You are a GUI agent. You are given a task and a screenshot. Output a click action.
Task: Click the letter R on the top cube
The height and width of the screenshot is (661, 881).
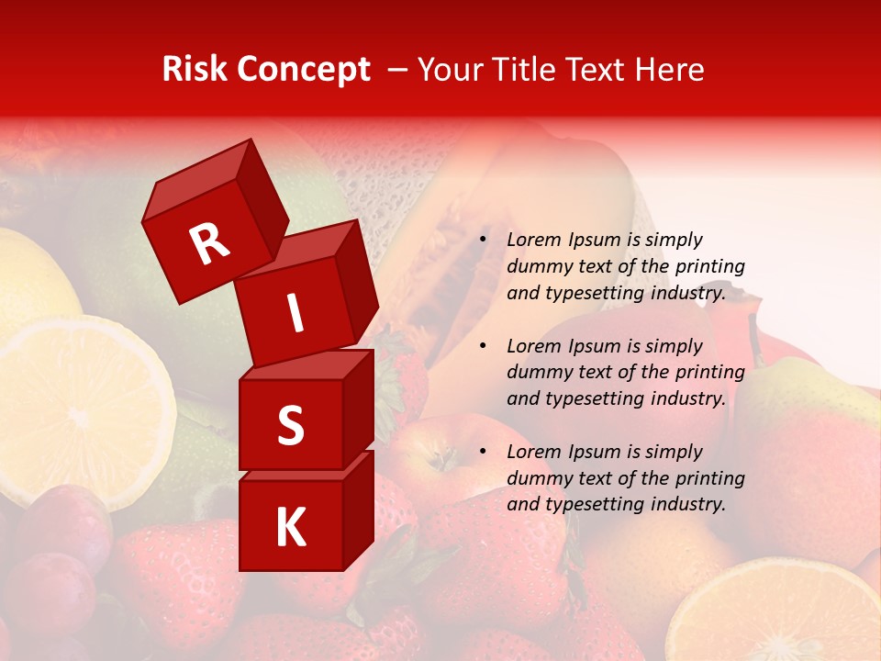[210, 243]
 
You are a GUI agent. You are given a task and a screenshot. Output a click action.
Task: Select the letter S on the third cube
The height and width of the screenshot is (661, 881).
[290, 426]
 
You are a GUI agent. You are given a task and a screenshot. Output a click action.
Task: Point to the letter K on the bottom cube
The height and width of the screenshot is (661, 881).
[290, 528]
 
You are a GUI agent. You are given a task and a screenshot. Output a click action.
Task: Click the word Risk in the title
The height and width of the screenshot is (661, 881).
[195, 70]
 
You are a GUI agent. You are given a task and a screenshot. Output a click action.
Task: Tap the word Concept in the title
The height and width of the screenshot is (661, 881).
[305, 70]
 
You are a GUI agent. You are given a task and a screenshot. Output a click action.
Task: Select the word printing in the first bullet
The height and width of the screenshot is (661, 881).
[709, 267]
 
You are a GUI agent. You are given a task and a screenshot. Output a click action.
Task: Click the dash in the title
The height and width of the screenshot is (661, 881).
[398, 70]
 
